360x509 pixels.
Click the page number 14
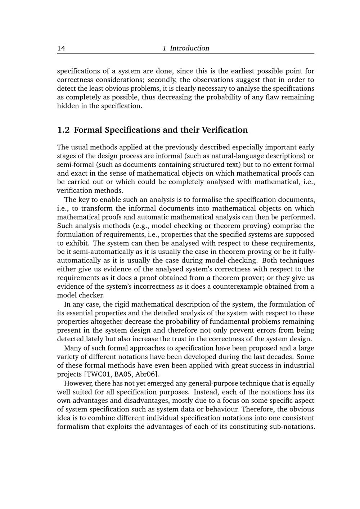tap(61, 48)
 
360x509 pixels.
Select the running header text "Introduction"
tap(189, 48)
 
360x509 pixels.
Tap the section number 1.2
tap(63, 130)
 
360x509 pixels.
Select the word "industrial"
tap(300, 365)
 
